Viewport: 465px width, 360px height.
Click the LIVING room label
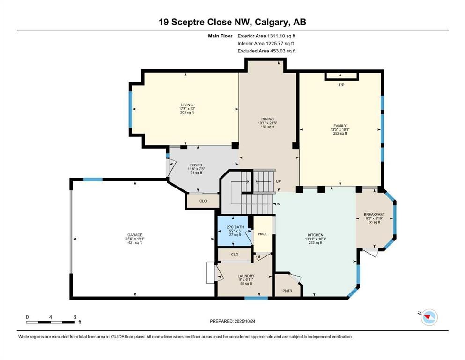pyautogui.click(x=187, y=105)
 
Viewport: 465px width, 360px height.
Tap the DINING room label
pyautogui.click(x=267, y=119)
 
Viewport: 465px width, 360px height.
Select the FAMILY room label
pyautogui.click(x=340, y=126)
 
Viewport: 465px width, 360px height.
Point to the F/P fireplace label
pyautogui.click(x=341, y=86)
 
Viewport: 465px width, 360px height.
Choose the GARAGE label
pyautogui.click(x=135, y=235)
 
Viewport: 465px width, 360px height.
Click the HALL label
pyautogui.click(x=263, y=234)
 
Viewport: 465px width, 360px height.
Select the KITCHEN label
pyautogui.click(x=315, y=235)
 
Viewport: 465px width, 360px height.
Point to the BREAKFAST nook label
pyautogui.click(x=374, y=214)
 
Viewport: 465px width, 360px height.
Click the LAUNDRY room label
pyautogui.click(x=246, y=276)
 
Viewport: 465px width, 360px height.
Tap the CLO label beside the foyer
pyautogui.click(x=203, y=200)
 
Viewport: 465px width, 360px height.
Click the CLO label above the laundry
pyautogui.click(x=235, y=255)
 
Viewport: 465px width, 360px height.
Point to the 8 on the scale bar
pyautogui.click(x=75, y=317)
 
